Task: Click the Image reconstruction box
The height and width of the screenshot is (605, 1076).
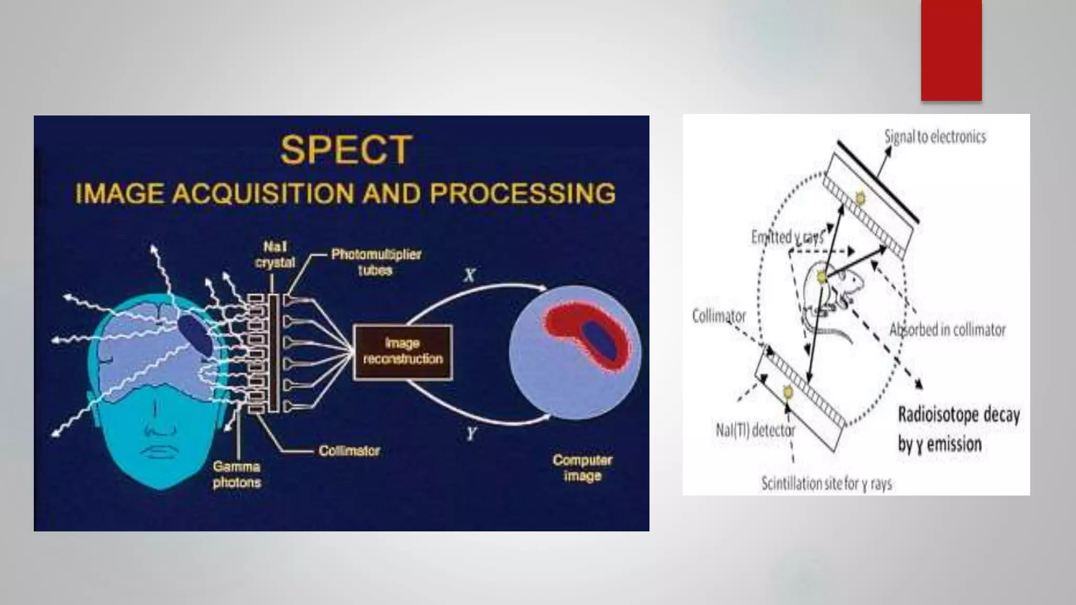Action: (x=403, y=351)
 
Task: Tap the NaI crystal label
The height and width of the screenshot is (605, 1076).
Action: (x=275, y=255)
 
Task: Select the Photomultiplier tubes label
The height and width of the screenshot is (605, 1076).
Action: (x=376, y=262)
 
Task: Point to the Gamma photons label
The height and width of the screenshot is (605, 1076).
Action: (x=237, y=474)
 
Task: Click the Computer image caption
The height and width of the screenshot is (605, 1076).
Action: (x=582, y=467)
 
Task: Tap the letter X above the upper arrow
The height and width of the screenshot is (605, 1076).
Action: (x=470, y=275)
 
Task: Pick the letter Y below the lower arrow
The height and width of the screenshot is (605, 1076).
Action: (x=471, y=434)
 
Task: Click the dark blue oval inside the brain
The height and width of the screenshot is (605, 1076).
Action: (x=195, y=336)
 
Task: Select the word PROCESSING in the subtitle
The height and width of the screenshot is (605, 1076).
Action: (x=522, y=193)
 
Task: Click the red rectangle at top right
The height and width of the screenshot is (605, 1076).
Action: (x=951, y=50)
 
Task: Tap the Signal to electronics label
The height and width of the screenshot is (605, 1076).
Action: (x=935, y=137)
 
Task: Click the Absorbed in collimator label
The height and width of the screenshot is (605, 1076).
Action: (x=947, y=330)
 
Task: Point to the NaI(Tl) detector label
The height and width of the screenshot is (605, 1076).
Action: (x=755, y=431)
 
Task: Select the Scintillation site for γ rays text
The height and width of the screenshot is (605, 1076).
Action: (x=826, y=484)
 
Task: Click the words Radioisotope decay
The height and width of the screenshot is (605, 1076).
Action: (x=959, y=415)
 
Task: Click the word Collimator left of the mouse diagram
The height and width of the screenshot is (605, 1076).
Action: (x=719, y=316)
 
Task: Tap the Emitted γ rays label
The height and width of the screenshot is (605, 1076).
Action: (x=787, y=237)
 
